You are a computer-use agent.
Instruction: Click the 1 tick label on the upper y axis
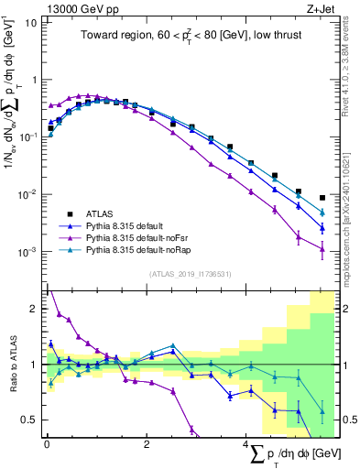36,80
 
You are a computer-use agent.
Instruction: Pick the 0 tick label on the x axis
47,443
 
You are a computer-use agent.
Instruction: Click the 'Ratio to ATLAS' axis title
11,365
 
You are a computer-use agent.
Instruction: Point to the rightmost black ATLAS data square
322,198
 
